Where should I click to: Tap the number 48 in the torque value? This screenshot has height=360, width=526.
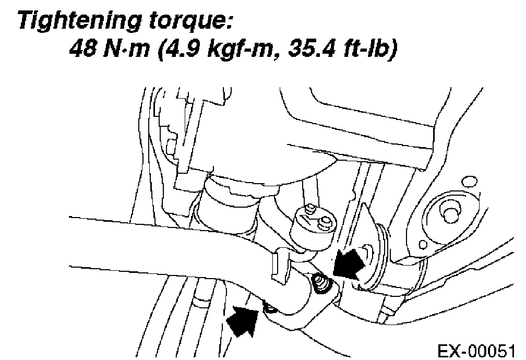(82, 51)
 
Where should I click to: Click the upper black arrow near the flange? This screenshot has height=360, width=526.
(349, 263)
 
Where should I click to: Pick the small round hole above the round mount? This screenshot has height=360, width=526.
(470, 182)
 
